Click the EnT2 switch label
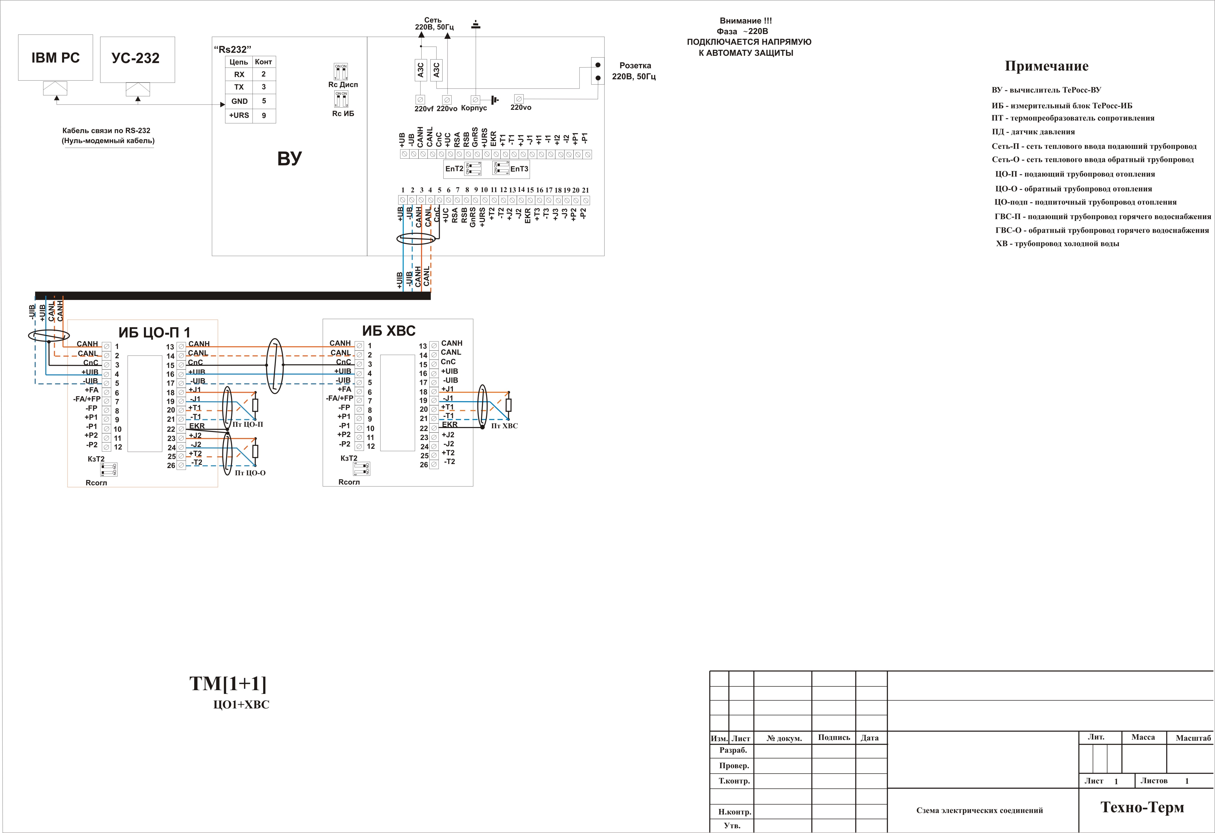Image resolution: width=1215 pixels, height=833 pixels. coord(454,169)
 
